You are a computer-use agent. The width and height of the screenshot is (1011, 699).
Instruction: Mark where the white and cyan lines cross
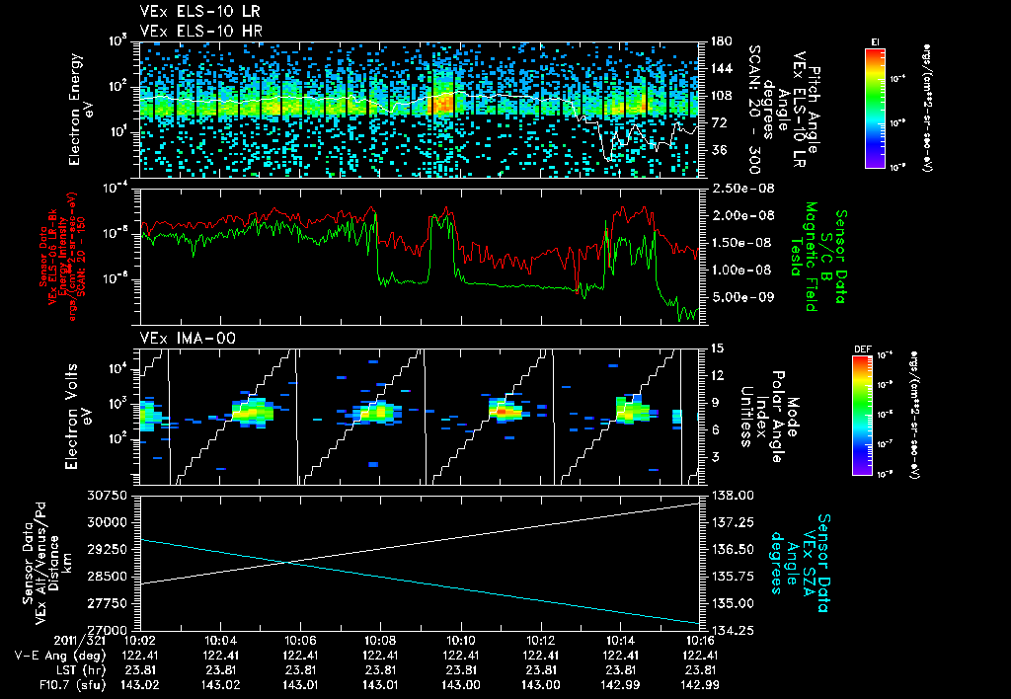point(286,563)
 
